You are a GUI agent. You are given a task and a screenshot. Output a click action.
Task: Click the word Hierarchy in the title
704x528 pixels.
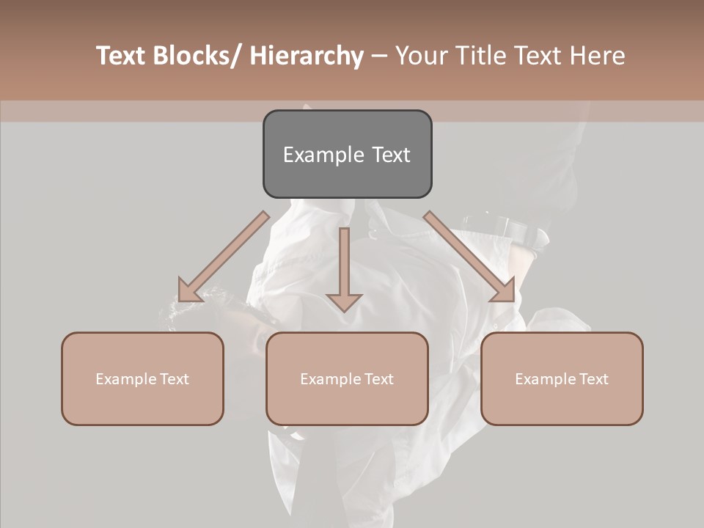(307, 56)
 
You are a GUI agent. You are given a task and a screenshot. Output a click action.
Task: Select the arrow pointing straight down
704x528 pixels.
(344, 268)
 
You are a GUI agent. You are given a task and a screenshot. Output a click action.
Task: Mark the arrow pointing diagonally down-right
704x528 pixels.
(469, 257)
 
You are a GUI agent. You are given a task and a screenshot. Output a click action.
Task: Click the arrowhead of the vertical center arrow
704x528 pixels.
(344, 301)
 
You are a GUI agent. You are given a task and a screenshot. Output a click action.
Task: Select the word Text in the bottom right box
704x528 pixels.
(593, 379)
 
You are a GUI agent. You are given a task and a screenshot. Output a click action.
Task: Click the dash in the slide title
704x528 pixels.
(379, 56)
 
